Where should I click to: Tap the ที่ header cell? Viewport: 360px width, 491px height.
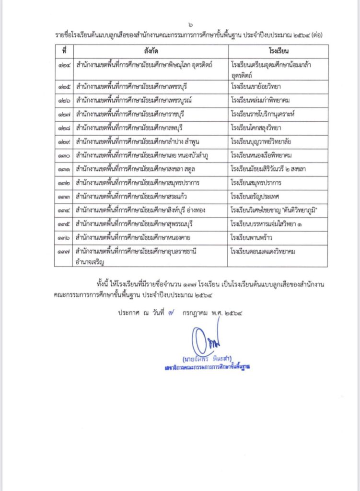pyautogui.click(x=63, y=50)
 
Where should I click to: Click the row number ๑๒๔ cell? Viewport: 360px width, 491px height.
pyautogui.click(x=63, y=64)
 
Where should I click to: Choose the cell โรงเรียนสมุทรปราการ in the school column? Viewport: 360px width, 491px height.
pyautogui.click(x=256, y=183)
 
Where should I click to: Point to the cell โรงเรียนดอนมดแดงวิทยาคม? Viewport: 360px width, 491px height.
pyautogui.click(x=263, y=251)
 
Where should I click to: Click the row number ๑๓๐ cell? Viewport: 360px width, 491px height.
pyautogui.click(x=63, y=156)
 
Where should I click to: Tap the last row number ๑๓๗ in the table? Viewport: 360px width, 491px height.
pyautogui.click(x=63, y=251)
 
